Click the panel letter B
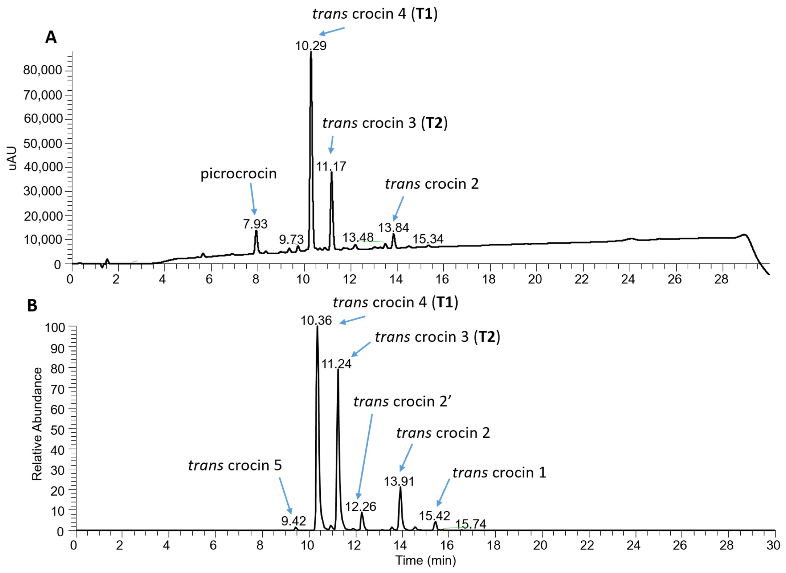click(32, 306)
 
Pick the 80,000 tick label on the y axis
click(43, 70)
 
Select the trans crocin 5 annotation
click(235, 465)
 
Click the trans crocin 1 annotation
click(499, 473)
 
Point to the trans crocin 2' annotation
click(402, 402)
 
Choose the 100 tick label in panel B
click(55, 328)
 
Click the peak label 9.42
click(293, 521)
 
